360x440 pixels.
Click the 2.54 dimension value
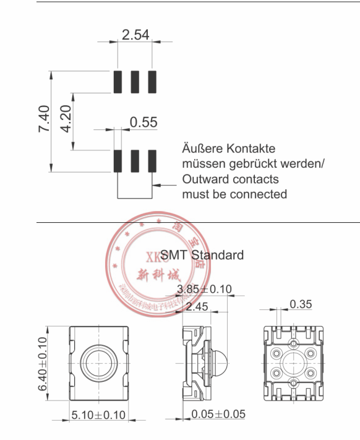pyautogui.click(x=135, y=35)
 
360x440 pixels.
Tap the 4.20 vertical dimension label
pyautogui.click(x=66, y=119)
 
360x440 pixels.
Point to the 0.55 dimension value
pyautogui.click(x=143, y=123)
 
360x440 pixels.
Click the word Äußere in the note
pyautogui.click(x=202, y=149)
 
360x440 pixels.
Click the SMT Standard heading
pyautogui.click(x=202, y=255)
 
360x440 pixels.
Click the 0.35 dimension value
pyautogui.click(x=301, y=304)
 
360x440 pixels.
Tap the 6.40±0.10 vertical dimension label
pyautogui.click(x=43, y=363)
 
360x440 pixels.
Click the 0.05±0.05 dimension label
pyautogui.click(x=218, y=414)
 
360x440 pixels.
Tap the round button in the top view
pyautogui.click(x=98, y=360)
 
